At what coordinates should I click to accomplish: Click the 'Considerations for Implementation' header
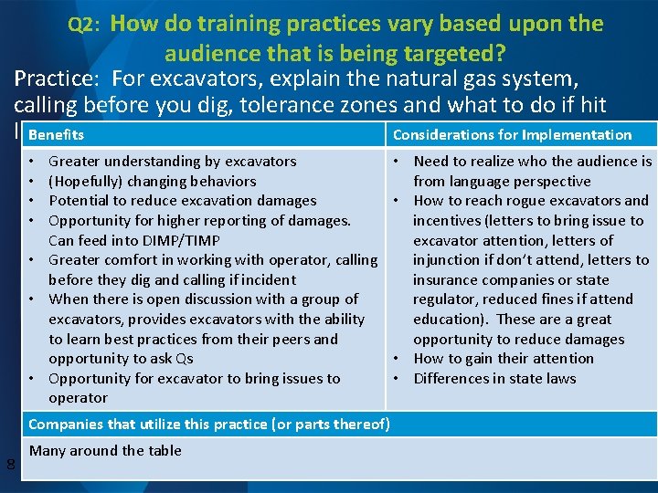[x=512, y=135]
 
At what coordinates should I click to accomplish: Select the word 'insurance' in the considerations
[x=444, y=280]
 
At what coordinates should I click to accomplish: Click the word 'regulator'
[x=445, y=299]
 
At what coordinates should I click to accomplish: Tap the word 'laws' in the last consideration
[x=560, y=379]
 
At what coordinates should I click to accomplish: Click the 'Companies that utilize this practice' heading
[x=209, y=424]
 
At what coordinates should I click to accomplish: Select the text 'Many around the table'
[x=105, y=450]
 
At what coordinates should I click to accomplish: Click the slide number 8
[x=10, y=467]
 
